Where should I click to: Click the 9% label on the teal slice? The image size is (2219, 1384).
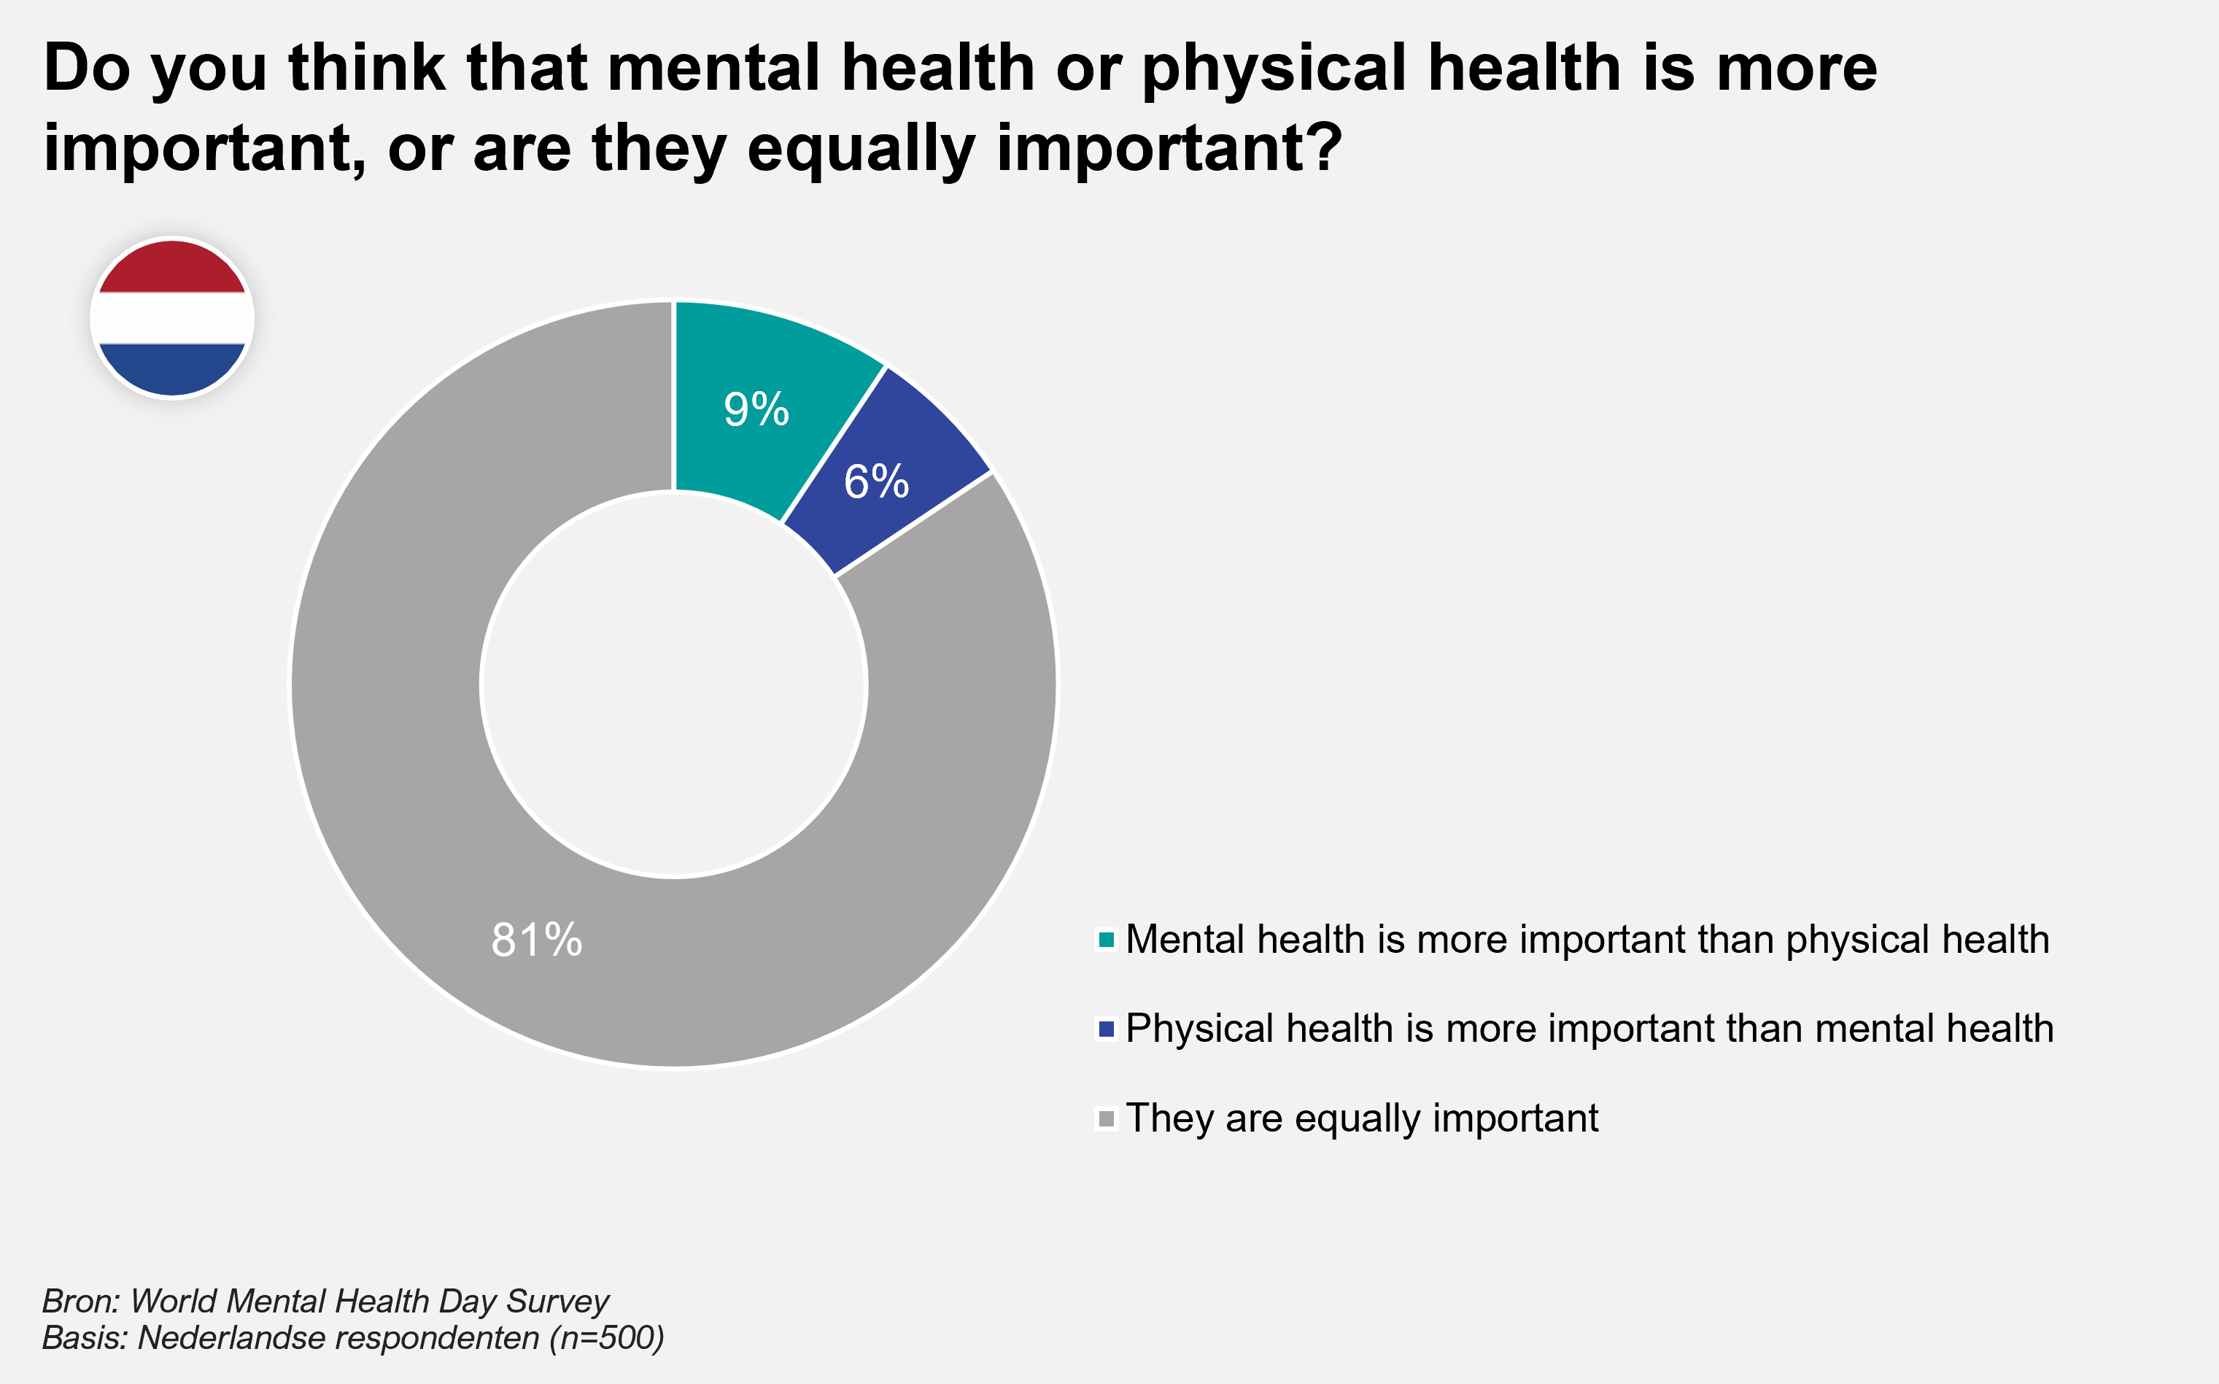pyautogui.click(x=756, y=409)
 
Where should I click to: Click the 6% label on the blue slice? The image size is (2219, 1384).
pyautogui.click(x=875, y=482)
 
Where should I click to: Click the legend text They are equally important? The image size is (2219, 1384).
pyautogui.click(x=1362, y=1118)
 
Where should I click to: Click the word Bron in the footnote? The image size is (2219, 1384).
pyautogui.click(x=79, y=1301)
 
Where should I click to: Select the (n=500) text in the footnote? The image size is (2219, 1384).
pyautogui.click(x=607, y=1338)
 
